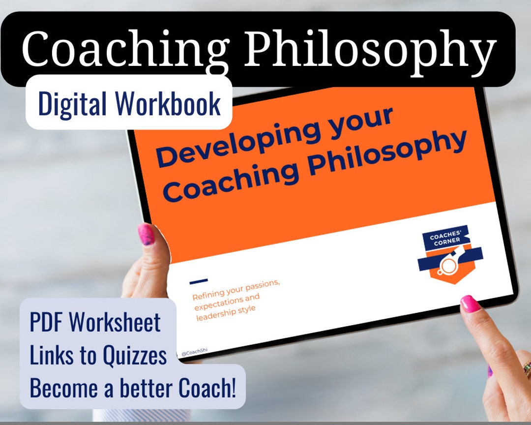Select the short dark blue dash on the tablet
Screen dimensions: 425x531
point(198,281)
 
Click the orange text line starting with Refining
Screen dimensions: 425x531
point(236,291)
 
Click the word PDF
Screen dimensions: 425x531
point(47,323)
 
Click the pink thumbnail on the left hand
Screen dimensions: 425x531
point(146,234)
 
